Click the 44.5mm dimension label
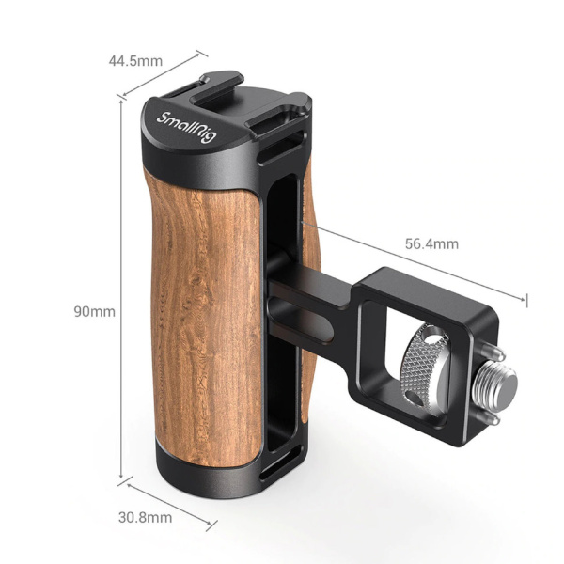135,62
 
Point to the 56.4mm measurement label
431,244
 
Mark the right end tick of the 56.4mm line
529,300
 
